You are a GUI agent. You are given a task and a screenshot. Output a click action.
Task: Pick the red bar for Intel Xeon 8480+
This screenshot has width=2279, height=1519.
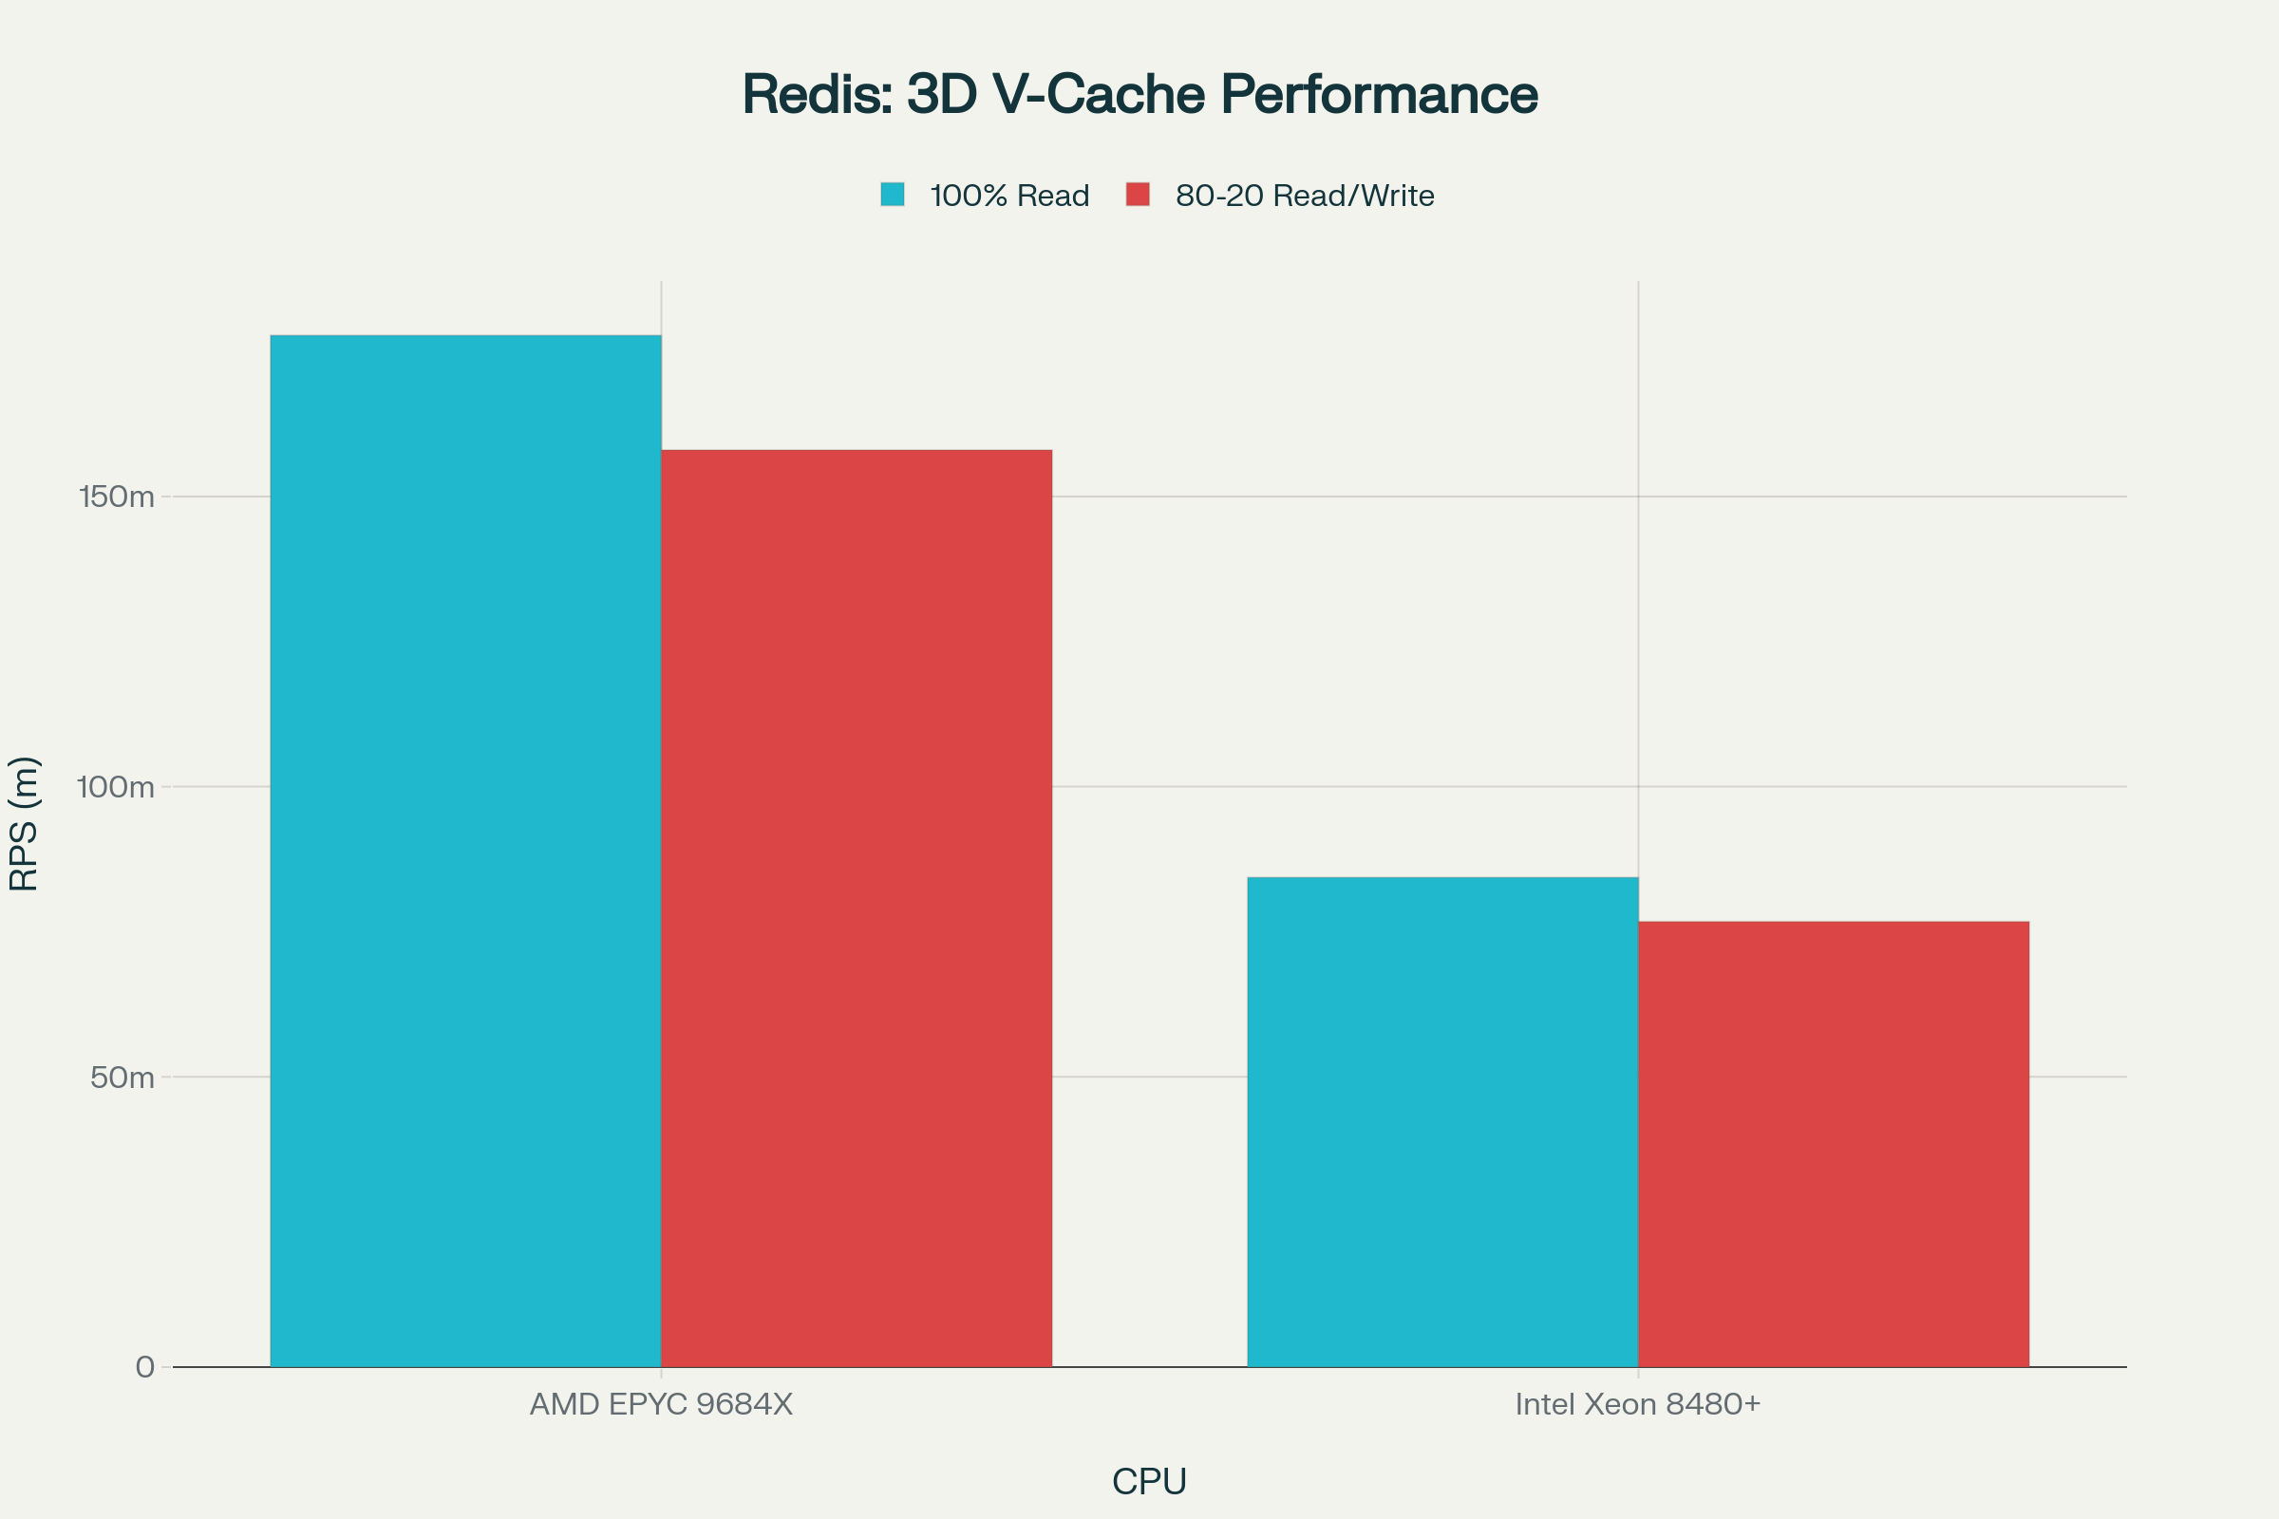(1834, 1144)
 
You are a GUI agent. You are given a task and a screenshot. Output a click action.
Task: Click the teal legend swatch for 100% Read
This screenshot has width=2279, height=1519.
(893, 195)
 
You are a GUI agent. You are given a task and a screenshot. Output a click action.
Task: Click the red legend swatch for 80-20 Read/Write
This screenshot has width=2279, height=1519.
(1138, 195)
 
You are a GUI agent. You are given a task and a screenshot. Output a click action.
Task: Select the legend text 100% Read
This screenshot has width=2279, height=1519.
(1008, 196)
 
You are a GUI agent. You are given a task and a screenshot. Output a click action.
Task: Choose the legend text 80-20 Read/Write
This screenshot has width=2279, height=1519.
(1304, 196)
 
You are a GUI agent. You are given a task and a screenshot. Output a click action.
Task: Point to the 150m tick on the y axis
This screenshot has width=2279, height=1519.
(116, 497)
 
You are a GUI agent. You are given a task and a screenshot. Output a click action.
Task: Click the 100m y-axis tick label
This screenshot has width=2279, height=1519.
(115, 787)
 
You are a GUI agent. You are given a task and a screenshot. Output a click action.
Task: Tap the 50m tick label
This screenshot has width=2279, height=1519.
(122, 1078)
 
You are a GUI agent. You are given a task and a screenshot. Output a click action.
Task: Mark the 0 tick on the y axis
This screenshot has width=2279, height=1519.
(144, 1367)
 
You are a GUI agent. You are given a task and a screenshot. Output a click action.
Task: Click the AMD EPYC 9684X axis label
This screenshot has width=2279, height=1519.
(661, 1404)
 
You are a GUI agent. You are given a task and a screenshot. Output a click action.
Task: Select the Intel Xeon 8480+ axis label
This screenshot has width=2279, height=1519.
(1637, 1404)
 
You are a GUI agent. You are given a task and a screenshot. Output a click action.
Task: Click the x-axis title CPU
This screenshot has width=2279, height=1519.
(1149, 1481)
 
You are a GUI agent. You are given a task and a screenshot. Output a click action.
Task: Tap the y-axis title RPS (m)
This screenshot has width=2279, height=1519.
(23, 823)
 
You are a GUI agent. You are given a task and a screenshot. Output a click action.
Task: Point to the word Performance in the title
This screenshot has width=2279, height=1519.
(1378, 95)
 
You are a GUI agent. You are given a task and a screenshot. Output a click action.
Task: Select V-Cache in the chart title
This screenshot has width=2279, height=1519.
(1098, 95)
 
